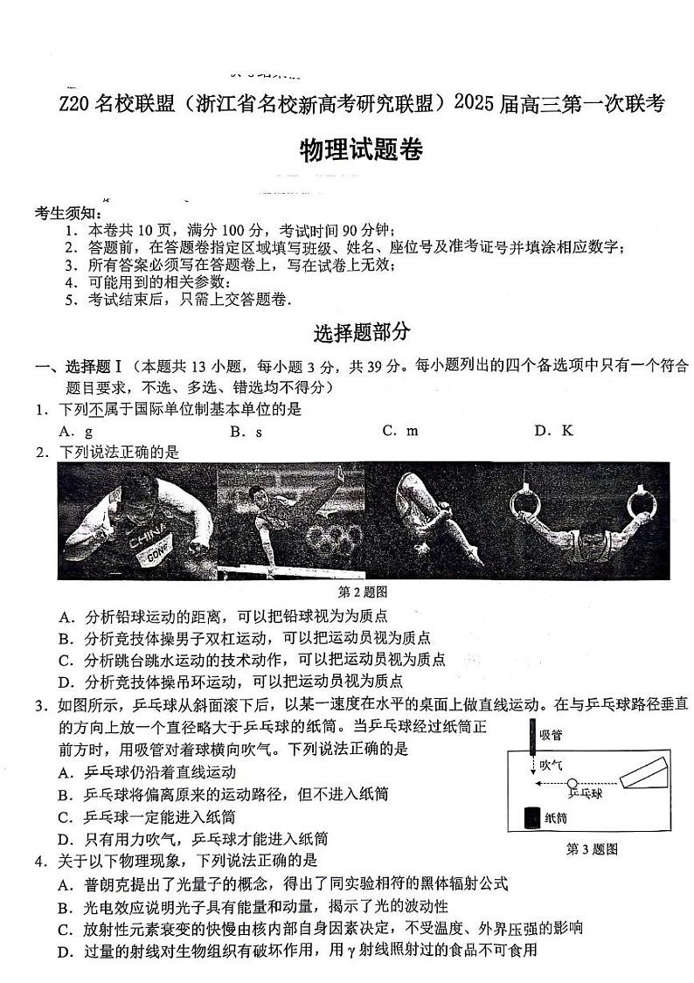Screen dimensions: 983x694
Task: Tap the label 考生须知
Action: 69,212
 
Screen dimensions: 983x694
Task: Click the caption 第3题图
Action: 592,848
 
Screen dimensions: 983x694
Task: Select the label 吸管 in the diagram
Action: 552,735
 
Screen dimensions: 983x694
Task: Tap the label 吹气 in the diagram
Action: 552,765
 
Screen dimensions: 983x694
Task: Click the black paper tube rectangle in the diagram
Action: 530,818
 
